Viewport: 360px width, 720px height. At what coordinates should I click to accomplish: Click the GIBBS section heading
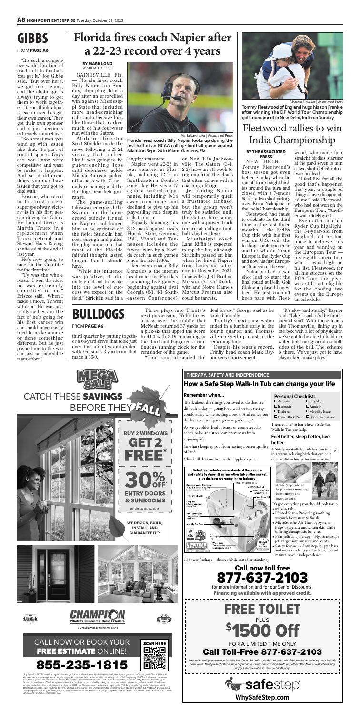click(x=33, y=39)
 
